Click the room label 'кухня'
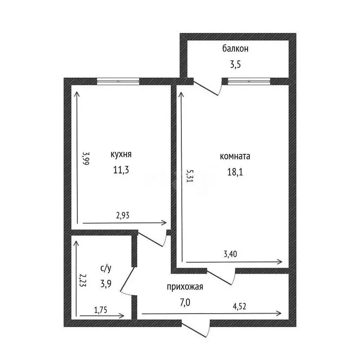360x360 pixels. pos(121,155)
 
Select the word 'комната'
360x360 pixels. pos(235,157)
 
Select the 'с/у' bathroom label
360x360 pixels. pos(105,268)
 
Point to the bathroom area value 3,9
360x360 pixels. pos(106,283)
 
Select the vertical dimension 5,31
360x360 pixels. pos(190,177)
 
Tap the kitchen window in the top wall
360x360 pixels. pos(118,81)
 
